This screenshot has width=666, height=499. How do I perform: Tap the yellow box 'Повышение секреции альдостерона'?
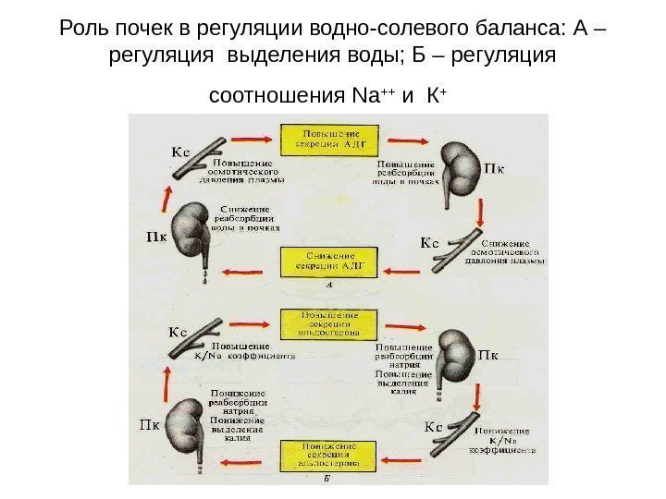(x=329, y=323)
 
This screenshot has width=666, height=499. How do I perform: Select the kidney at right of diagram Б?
(x=455, y=357)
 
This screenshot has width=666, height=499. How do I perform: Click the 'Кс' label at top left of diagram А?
(x=179, y=148)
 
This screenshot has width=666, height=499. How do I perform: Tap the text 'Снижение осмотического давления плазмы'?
(x=504, y=249)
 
